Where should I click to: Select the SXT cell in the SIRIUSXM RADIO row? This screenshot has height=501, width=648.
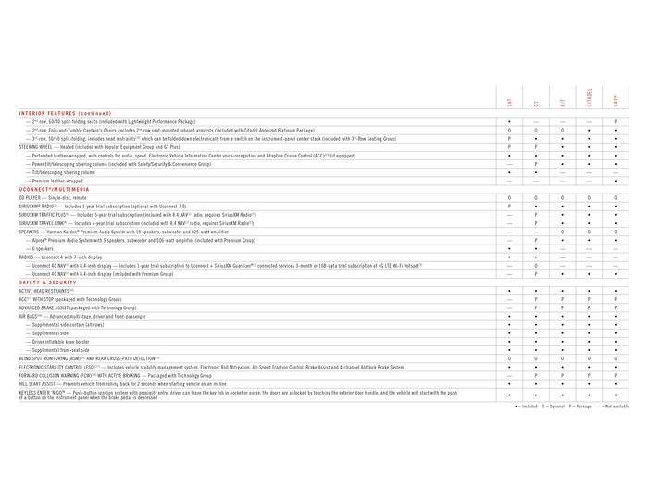coord(510,206)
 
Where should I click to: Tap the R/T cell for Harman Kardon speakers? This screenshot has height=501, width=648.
coord(563,232)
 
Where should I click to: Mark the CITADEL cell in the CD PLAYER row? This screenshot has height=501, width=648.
coord(589,197)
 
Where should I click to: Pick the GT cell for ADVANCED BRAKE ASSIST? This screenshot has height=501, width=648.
coord(537,307)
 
